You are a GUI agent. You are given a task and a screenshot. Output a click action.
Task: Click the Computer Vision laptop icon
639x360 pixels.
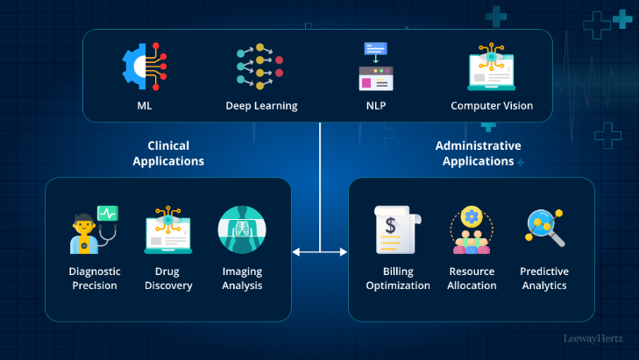click(491, 67)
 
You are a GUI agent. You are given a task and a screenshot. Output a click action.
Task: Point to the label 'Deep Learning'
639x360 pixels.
click(261, 106)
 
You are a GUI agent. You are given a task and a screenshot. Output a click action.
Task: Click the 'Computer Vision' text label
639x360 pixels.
click(492, 106)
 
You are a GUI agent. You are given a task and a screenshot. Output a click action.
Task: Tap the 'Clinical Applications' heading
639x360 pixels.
click(168, 153)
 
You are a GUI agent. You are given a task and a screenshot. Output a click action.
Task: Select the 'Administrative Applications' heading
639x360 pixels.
click(478, 153)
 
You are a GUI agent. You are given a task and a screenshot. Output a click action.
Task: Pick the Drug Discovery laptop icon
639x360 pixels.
click(167, 229)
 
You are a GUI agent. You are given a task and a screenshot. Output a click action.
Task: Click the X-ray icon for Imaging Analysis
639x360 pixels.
click(240, 229)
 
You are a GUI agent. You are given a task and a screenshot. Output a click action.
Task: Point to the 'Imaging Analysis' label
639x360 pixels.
click(240, 279)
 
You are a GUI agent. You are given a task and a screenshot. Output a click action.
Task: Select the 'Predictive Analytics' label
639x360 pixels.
click(544, 279)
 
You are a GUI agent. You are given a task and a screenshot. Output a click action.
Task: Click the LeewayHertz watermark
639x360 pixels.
click(593, 336)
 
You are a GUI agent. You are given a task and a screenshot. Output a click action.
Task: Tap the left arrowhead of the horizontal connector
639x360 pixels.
click(296, 252)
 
